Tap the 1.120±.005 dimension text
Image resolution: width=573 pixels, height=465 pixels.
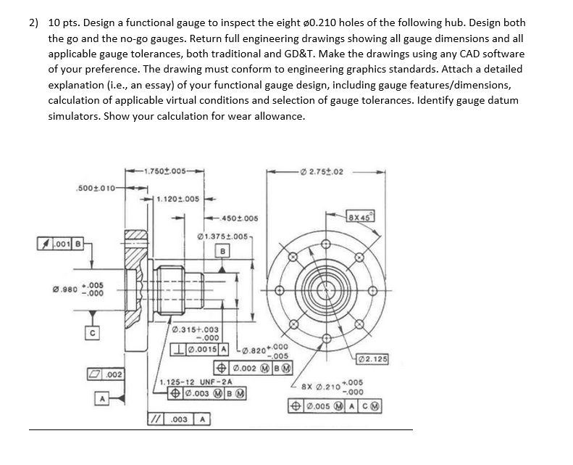[178, 199]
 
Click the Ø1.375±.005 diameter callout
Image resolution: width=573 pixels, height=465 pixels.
[225, 236]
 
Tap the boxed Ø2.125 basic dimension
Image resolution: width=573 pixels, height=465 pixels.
[374, 359]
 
